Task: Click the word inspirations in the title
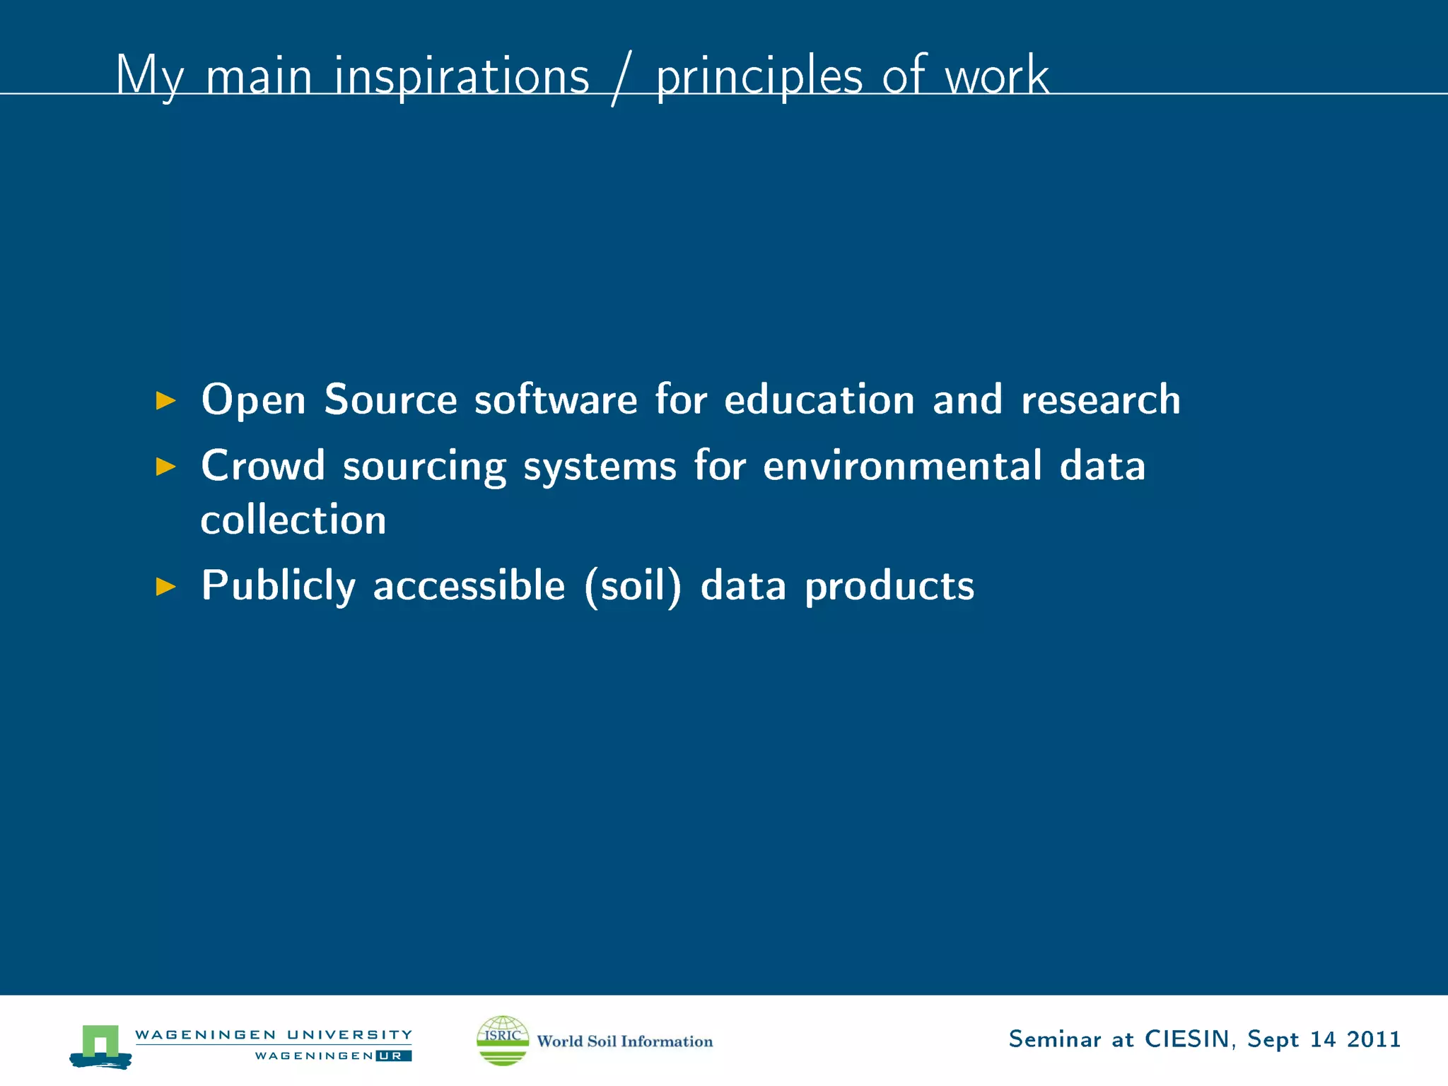tap(461, 76)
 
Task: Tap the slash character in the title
tap(620, 78)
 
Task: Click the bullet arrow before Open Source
tap(165, 401)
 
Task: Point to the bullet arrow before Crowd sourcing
tap(165, 467)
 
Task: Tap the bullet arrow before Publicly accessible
tap(165, 587)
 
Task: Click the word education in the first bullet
tap(819, 399)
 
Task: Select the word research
tap(1100, 399)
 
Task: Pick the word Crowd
tap(262, 466)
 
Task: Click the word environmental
tap(902, 466)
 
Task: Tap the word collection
tap(293, 520)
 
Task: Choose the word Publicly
tap(278, 587)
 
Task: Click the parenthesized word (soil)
tap(633, 587)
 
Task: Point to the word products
tap(889, 587)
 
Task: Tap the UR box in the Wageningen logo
tap(393, 1056)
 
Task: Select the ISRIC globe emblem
tap(503, 1040)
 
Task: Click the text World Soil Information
tap(625, 1041)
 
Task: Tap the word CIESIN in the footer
tap(1187, 1039)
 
